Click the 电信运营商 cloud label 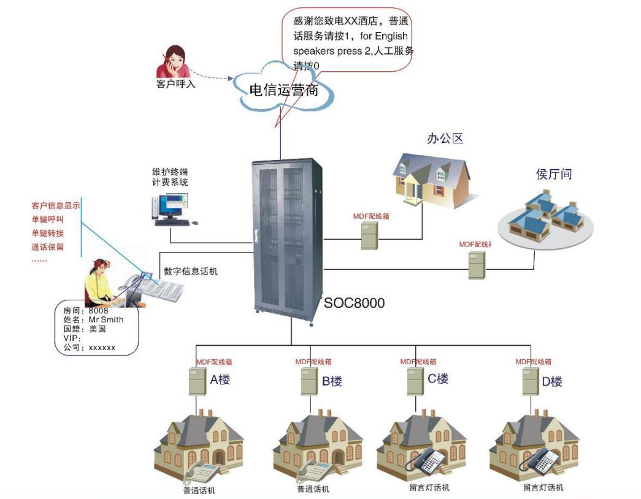[283, 91]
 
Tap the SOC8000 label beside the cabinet [355, 302]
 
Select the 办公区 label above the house [445, 139]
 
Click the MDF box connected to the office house [369, 235]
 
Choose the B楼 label [332, 381]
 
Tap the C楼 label [438, 379]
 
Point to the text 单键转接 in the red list [48, 233]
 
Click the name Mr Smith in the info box [106, 319]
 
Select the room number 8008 [98, 311]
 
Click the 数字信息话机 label [190, 271]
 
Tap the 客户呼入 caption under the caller [176, 85]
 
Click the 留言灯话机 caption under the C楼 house [429, 488]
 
